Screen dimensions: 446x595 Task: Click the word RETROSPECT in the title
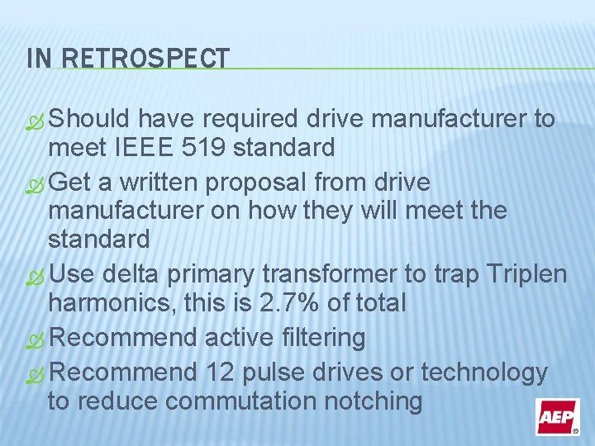click(x=146, y=58)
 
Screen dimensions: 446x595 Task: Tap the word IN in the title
click(x=38, y=58)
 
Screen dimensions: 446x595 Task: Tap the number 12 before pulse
click(x=219, y=372)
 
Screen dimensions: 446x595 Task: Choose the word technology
click(x=483, y=372)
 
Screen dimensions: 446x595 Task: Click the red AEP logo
click(x=558, y=416)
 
